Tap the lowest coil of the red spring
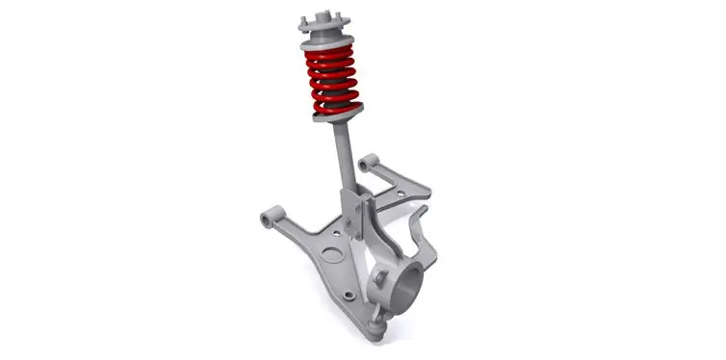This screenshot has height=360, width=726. click(334, 106)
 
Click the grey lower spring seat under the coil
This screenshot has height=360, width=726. click(337, 116)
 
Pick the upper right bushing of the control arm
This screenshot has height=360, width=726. click(365, 165)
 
